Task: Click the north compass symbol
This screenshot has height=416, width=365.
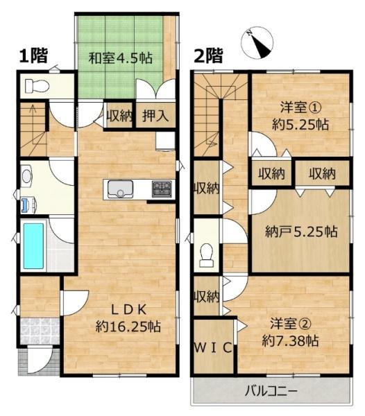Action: [x=257, y=43]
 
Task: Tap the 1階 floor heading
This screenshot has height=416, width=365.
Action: [x=33, y=55]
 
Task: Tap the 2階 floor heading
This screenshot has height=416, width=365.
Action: [x=208, y=55]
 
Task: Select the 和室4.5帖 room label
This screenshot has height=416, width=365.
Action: [x=120, y=58]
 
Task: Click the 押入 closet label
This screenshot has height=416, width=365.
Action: [x=155, y=116]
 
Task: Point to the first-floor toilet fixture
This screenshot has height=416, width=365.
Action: [x=37, y=86]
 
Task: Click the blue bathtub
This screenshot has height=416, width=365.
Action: [x=33, y=246]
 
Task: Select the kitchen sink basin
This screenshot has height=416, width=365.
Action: [x=120, y=189]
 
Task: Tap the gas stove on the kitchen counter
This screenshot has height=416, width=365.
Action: [x=162, y=189]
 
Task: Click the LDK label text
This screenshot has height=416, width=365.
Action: [x=128, y=310]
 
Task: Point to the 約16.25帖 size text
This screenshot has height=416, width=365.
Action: [x=128, y=327]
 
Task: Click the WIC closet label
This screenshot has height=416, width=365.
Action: [x=213, y=348]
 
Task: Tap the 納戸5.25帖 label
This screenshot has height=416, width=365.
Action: [x=301, y=232]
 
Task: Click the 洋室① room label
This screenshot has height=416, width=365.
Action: [x=301, y=108]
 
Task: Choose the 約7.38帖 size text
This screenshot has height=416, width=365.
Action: [x=291, y=340]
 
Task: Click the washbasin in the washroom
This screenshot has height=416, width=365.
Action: [x=26, y=175]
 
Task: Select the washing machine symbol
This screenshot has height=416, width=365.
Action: [x=28, y=205]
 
